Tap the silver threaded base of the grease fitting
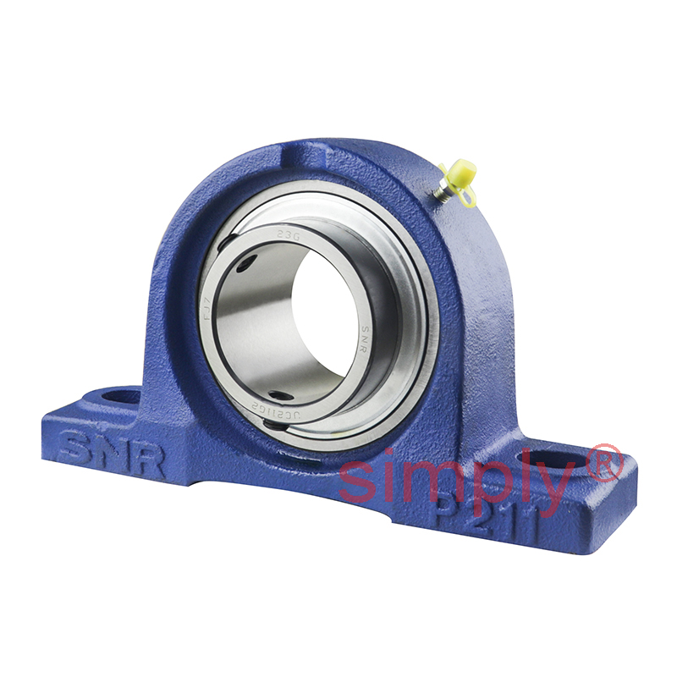tap(442, 192)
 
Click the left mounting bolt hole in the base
tap(118, 395)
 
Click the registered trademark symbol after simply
tap(605, 464)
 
